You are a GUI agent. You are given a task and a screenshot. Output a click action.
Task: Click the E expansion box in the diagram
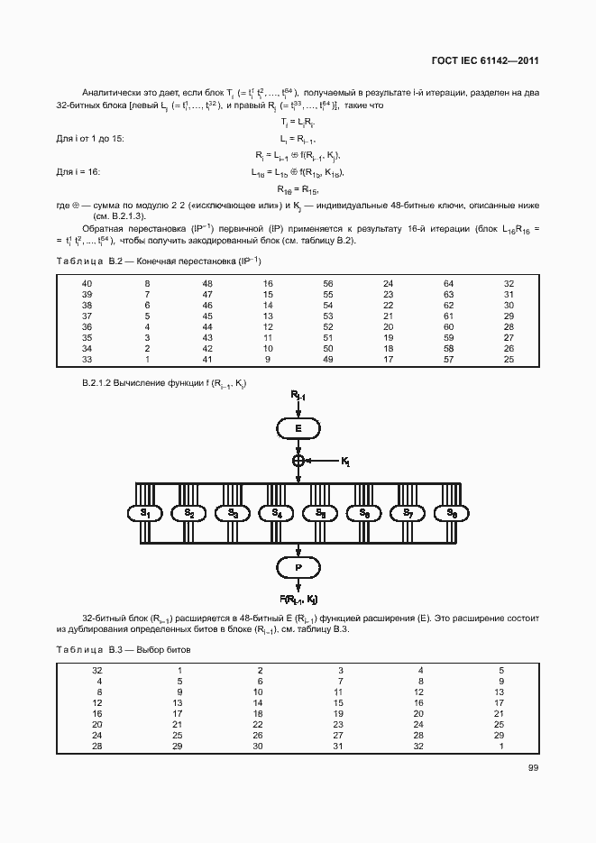298,428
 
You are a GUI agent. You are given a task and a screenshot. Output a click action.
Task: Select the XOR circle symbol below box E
298,461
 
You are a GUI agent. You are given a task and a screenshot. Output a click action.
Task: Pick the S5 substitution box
319,513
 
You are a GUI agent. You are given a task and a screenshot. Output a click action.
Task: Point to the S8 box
451,513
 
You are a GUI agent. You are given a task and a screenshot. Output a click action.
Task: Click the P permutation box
298,567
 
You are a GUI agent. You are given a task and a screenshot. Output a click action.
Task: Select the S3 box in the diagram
233,513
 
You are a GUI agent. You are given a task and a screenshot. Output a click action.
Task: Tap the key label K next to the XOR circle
345,462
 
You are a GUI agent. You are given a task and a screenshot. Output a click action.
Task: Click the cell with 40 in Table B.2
87,284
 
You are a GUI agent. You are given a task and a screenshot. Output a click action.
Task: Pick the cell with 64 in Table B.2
448,284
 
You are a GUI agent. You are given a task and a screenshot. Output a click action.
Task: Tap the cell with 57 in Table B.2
448,360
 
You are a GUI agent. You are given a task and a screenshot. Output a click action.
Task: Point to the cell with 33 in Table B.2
87,360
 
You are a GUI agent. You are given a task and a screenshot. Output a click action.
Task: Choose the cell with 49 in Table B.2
327,360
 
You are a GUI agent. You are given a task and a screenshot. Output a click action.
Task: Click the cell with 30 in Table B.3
258,747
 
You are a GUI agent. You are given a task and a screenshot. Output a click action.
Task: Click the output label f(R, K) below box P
298,599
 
